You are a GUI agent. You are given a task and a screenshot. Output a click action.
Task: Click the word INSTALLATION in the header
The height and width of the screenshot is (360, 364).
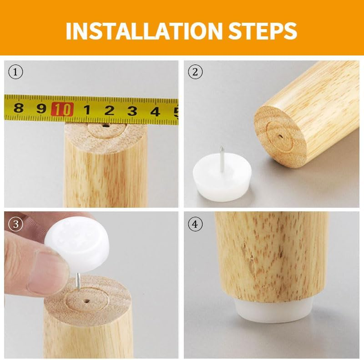pyautogui.click(x=143, y=31)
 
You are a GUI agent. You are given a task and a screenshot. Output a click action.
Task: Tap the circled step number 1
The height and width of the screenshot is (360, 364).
pyautogui.click(x=16, y=72)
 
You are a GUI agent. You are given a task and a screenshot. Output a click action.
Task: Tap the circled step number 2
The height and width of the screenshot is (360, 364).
pyautogui.click(x=195, y=72)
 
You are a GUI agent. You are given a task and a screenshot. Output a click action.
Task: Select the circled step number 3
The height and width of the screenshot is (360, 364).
pyautogui.click(x=16, y=224)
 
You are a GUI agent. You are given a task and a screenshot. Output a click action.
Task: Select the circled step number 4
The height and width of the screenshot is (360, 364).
pyautogui.click(x=195, y=224)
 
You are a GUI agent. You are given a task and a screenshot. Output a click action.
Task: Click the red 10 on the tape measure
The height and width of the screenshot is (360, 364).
pyautogui.click(x=62, y=109)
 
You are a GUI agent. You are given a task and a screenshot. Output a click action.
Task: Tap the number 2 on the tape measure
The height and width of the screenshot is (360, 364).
pyautogui.click(x=109, y=110)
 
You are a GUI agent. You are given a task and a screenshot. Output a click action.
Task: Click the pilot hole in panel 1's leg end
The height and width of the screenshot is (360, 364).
pyautogui.click(x=106, y=126)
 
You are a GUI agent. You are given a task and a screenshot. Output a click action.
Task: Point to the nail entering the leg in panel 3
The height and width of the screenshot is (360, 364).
pyautogui.click(x=78, y=281)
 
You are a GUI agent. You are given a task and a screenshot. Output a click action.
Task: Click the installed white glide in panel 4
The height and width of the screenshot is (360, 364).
pyautogui.click(x=273, y=310)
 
